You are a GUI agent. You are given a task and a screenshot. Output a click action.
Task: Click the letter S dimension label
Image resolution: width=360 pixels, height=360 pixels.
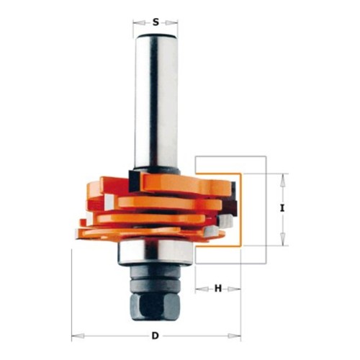click(156, 22)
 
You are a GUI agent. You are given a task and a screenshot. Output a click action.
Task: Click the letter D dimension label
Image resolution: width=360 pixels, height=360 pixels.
click(156, 336)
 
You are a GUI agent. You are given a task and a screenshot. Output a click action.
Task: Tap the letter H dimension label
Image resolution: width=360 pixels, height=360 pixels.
click(218, 289)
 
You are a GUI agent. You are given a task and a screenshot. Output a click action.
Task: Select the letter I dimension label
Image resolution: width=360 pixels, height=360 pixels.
click(282, 208)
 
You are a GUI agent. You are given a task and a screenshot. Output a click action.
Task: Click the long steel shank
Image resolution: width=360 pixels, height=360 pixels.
click(156, 101)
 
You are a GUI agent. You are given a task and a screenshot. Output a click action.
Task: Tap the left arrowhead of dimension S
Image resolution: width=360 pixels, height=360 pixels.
click(140, 23)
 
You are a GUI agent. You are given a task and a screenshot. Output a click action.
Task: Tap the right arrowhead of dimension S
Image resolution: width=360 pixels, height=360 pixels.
click(171, 23)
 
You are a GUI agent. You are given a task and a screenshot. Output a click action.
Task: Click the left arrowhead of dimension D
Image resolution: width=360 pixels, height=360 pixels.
click(78, 336)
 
